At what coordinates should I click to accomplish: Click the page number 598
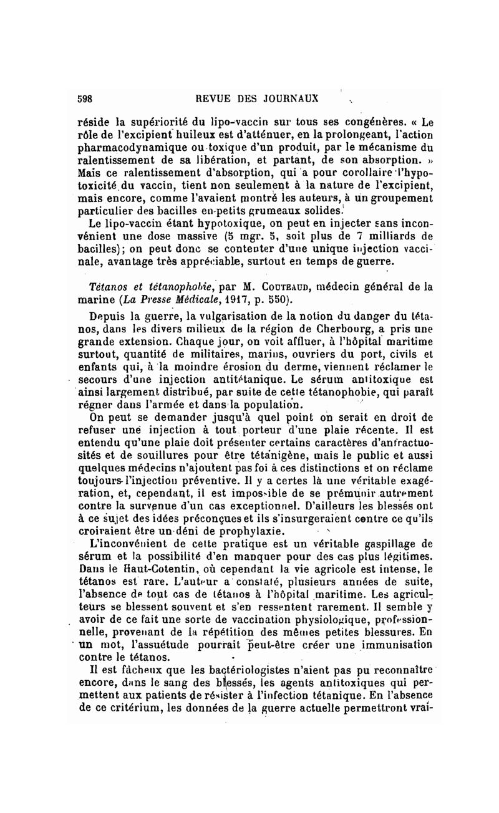coord(85,98)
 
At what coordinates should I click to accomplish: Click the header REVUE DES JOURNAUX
coord(257,98)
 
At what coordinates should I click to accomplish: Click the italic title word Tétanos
coord(110,287)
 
